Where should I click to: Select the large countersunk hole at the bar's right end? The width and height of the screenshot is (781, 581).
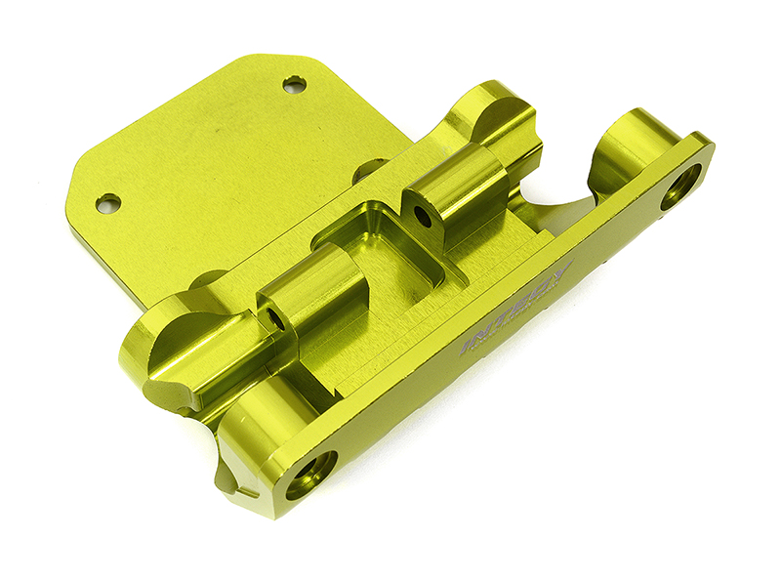click(681, 187)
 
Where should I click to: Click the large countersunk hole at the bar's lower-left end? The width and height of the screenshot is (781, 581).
click(310, 474)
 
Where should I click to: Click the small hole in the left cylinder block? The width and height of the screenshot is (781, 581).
click(276, 320)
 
